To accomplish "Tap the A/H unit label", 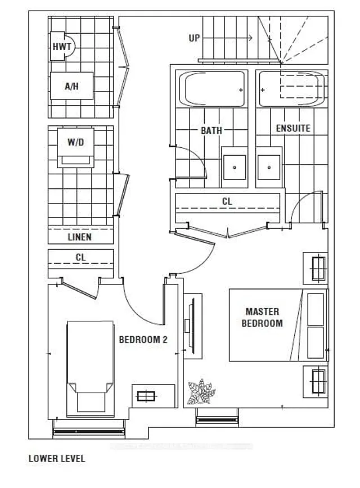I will point(71,87).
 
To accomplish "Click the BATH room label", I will point(211,130).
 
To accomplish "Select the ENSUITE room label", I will point(292,128).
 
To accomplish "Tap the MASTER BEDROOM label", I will point(262,318).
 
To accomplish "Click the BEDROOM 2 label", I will point(143,340).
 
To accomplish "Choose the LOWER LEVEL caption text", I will point(57,459).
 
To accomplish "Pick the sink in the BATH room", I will point(233,168).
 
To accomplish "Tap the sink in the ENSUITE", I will point(269,168).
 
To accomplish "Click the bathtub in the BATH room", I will point(212,88).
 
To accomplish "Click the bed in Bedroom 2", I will point(89,365).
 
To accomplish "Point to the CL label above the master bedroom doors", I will point(227,201).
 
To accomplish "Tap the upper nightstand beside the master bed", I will point(316,269).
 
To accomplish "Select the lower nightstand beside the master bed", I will point(316,381).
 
